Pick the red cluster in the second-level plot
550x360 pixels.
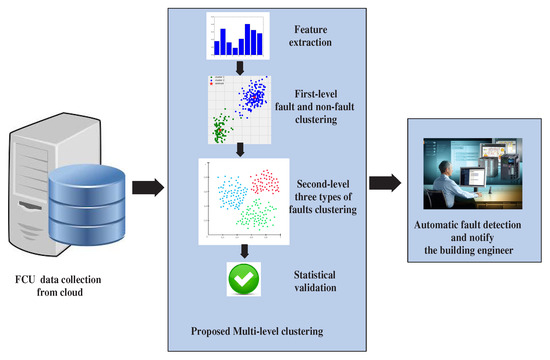[266, 183]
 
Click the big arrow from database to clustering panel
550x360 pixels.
[150, 186]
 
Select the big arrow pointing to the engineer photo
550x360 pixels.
[386, 183]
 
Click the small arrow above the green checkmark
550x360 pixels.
[242, 252]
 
